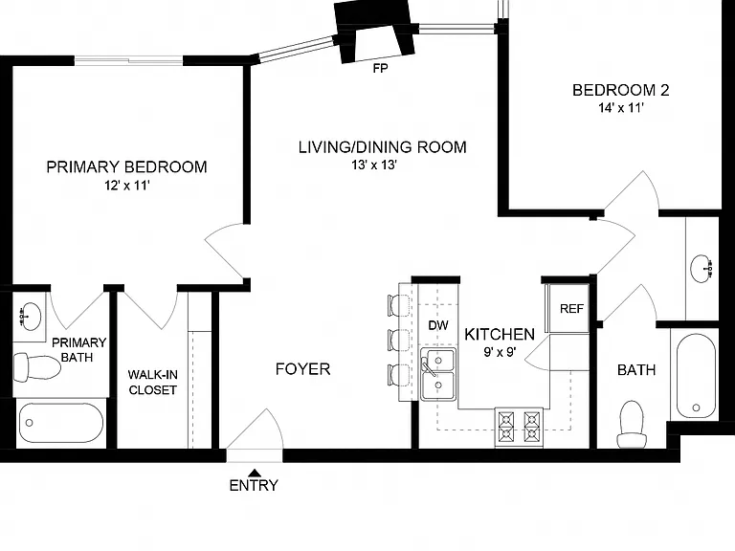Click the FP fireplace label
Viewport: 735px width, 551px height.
pos(380,69)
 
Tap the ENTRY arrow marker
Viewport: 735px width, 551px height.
pos(255,473)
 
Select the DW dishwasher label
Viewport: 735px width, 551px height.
pos(438,324)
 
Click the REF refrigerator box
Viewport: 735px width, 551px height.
pos(568,308)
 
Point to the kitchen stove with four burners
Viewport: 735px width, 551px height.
pos(519,427)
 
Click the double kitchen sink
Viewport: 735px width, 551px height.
pos(437,373)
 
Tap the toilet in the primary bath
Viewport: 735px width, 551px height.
pos(36,367)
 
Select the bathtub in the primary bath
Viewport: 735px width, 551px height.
pos(61,423)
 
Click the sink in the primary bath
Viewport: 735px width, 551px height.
pos(29,317)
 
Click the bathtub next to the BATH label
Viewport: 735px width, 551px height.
pos(696,376)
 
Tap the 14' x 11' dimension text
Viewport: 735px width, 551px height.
pos(620,108)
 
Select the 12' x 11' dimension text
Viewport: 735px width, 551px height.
pos(126,186)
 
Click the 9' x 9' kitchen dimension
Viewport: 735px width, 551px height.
pos(500,351)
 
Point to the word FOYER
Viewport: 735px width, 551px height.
pos(302,369)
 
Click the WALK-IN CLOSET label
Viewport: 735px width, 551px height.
pos(152,383)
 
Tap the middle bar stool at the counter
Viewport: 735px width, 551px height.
pos(398,341)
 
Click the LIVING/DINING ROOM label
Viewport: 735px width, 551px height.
pos(383,147)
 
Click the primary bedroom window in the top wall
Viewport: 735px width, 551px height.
pos(128,60)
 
